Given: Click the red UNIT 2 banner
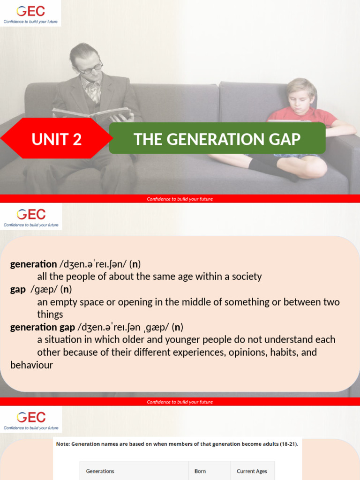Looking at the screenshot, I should click(x=56, y=139).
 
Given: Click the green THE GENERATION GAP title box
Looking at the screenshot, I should click(x=217, y=139).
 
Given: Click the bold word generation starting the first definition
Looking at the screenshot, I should click(x=33, y=264).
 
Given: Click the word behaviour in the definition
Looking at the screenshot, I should click(x=31, y=365).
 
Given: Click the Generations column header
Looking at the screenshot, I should click(x=100, y=471).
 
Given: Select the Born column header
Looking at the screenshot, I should click(x=200, y=471).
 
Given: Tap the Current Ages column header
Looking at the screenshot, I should click(x=252, y=471).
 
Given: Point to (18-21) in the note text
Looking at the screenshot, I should click(x=286, y=443).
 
